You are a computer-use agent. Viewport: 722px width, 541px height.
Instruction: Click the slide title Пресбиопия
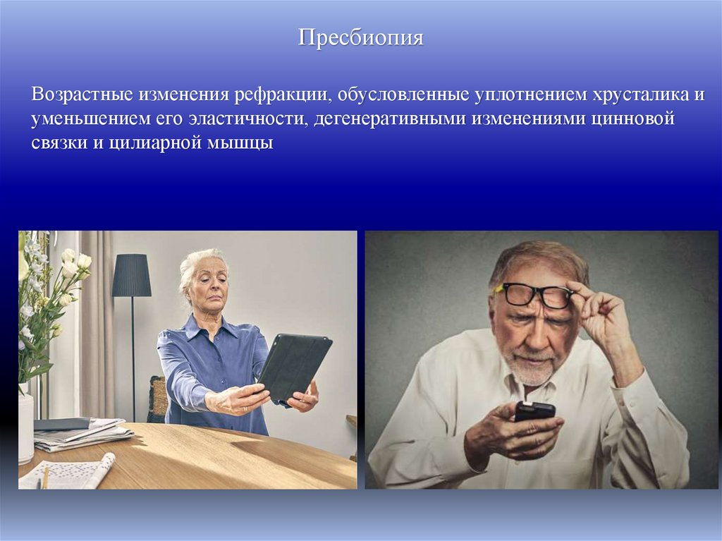coord(360,37)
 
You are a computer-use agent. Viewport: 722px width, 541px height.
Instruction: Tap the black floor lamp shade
coord(132,276)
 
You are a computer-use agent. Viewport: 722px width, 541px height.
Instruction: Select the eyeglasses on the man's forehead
coord(534,295)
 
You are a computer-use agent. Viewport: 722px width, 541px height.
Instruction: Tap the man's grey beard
coord(533,370)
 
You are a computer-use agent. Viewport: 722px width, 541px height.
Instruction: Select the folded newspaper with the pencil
coord(67,473)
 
